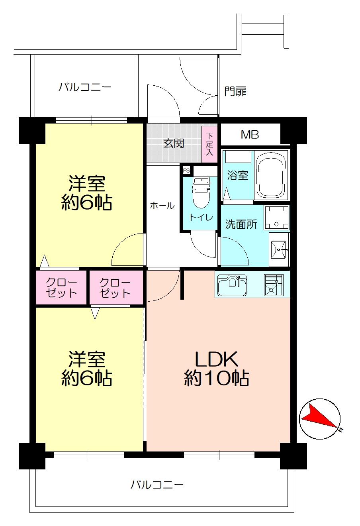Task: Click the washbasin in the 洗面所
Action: coord(279,249)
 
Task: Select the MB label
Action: coord(250,135)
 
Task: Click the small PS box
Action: coord(186,170)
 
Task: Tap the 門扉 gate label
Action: coord(235,91)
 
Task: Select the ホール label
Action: coord(162,206)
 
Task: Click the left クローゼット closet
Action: coord(61,287)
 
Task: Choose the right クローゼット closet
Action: coord(115,287)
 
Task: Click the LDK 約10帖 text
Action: coord(216,369)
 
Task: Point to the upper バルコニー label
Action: coord(85,87)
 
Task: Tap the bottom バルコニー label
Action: coord(157,485)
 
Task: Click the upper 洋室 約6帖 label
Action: coord(86,193)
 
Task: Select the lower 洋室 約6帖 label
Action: coord(86,369)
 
